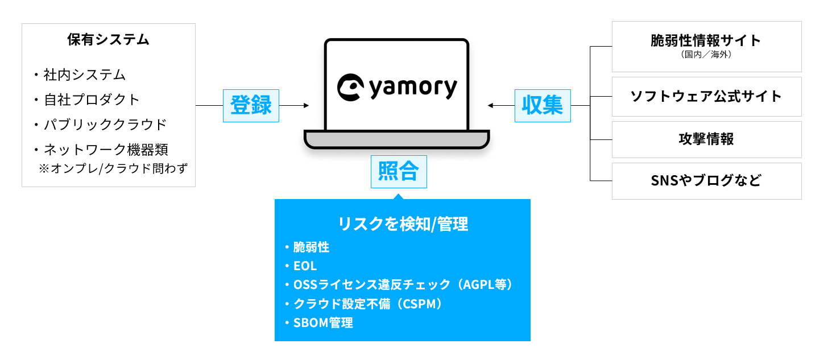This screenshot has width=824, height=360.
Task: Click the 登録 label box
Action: [251, 106]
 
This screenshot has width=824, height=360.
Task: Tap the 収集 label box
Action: [543, 106]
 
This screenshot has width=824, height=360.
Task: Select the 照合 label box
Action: [398, 172]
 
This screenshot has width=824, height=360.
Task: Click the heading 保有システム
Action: [108, 40]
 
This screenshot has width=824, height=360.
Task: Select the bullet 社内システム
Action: [84, 75]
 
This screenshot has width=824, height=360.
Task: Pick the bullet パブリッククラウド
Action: [105, 124]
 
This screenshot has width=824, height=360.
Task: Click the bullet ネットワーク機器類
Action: [105, 150]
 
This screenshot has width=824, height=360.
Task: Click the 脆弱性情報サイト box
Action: [706, 41]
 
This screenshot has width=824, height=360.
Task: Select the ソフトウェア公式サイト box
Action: [706, 97]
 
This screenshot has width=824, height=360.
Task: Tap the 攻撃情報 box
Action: [706, 139]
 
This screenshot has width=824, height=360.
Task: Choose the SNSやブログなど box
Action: [706, 181]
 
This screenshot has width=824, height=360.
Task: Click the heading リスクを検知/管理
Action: [403, 224]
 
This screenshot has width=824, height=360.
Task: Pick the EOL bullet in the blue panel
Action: [305, 266]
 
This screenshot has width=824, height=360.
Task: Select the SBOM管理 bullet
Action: [323, 323]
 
